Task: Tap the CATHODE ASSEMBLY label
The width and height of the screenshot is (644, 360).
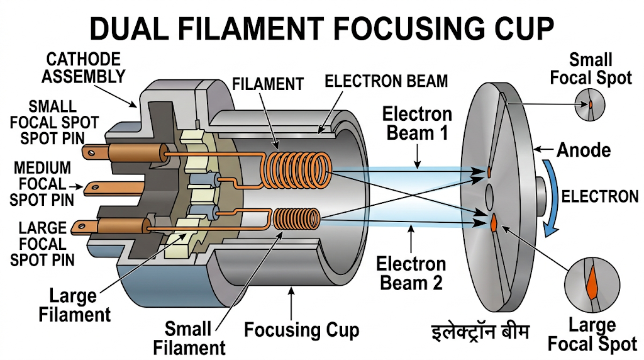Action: point(84,68)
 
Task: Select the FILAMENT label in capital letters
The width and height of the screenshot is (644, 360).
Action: point(268,84)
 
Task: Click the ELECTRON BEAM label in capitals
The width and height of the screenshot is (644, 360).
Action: point(386,81)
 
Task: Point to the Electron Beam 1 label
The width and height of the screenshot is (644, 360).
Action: point(417,124)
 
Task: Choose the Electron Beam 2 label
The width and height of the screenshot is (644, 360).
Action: point(411,273)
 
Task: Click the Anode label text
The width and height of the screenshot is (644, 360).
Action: point(584,150)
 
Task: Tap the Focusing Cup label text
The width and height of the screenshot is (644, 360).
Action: point(302,330)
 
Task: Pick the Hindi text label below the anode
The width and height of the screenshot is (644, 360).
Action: point(480,331)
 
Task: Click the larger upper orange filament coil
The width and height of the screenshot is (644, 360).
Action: point(296,170)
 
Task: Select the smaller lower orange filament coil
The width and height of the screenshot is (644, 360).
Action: point(297,218)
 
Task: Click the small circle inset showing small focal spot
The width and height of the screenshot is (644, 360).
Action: point(589,104)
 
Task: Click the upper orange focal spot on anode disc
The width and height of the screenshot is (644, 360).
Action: point(489,171)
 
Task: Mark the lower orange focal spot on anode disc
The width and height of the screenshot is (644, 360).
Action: point(494,222)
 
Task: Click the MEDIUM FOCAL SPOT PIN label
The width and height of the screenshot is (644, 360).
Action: point(42,184)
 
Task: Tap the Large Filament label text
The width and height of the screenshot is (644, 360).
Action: point(74,305)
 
